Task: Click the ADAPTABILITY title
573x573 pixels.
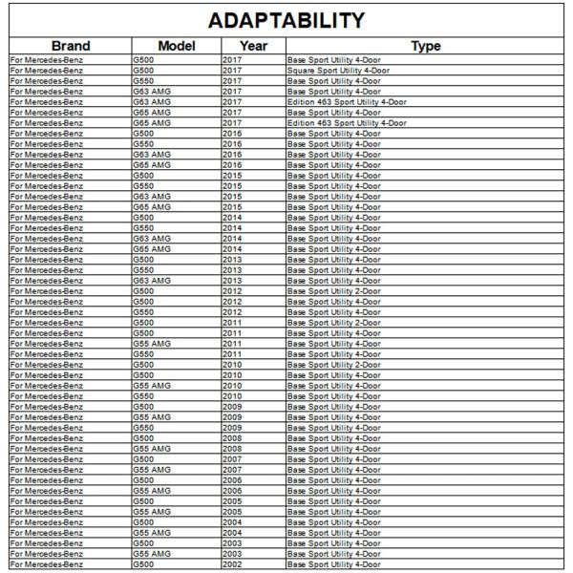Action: [286, 19]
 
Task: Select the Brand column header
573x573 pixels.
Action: [70, 45]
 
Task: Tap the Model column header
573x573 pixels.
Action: [176, 45]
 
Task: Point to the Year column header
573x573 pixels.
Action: [253, 45]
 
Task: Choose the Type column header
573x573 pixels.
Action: [425, 45]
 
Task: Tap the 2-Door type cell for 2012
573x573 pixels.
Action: [333, 290]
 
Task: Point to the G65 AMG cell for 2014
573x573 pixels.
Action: [151, 248]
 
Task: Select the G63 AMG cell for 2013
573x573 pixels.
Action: [151, 280]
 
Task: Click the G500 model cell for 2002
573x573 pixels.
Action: [142, 564]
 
